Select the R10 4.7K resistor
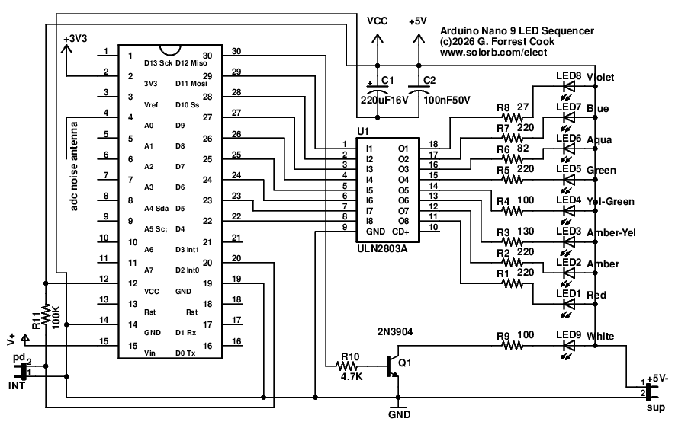[351, 366]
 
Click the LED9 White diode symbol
[567, 345]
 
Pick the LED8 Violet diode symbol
[567, 86]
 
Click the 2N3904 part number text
[396, 332]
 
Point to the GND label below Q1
[399, 415]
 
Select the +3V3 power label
[75, 39]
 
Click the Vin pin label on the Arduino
[151, 353]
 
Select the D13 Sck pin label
[157, 63]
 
